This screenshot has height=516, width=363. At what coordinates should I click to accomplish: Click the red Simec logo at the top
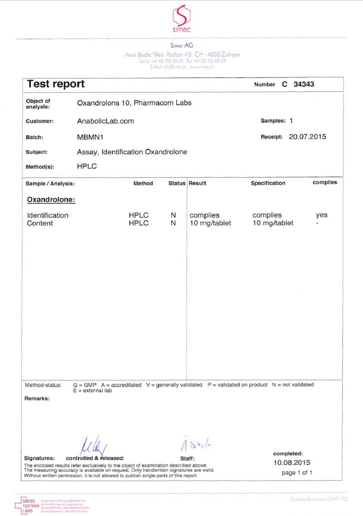pyautogui.click(x=182, y=19)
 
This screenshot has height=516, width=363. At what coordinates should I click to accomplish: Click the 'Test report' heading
pyautogui.click(x=56, y=84)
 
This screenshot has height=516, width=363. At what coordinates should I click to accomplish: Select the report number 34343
pyautogui.click(x=306, y=84)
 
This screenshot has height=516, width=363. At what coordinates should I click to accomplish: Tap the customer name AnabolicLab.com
pyautogui.click(x=105, y=121)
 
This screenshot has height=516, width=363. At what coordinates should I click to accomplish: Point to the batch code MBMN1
pyautogui.click(x=89, y=136)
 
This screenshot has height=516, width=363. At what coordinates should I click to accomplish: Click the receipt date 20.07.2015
pyautogui.click(x=307, y=136)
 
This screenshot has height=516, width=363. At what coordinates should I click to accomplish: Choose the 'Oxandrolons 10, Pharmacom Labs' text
pyautogui.click(x=134, y=103)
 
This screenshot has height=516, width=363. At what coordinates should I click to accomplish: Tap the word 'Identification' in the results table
pyautogui.click(x=48, y=215)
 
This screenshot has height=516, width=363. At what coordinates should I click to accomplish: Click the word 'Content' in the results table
pyautogui.click(x=40, y=223)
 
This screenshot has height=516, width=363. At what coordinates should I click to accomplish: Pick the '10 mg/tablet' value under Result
pyautogui.click(x=210, y=223)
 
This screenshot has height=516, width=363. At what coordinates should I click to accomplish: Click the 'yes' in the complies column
pyautogui.click(x=321, y=215)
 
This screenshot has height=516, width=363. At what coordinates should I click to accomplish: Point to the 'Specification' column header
pyautogui.click(x=268, y=183)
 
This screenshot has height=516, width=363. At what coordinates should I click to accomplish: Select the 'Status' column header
pyautogui.click(x=176, y=183)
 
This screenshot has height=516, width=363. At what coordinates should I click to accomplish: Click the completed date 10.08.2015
pyautogui.click(x=292, y=463)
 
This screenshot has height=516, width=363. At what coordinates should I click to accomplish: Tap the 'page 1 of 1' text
pyautogui.click(x=297, y=473)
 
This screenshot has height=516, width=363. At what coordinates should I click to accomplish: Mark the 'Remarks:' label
pyautogui.click(x=37, y=398)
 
